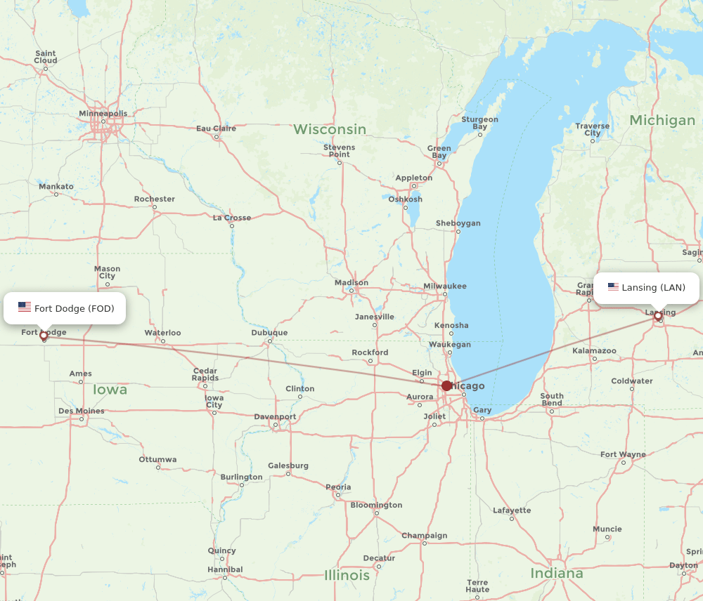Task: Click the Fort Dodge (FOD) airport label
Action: [x=74, y=308]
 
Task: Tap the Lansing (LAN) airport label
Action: [x=653, y=287]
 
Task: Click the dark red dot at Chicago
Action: [x=446, y=385]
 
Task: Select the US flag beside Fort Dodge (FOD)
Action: [x=25, y=308]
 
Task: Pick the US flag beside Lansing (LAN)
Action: [x=613, y=287]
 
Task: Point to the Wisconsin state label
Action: [x=330, y=129]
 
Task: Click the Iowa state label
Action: [x=110, y=390]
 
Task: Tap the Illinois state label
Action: [x=347, y=576]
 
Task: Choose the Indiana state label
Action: [x=557, y=574]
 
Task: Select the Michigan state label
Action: [x=662, y=120]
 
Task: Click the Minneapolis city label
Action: [x=103, y=113]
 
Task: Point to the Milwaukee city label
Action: [x=444, y=286]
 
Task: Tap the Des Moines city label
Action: [x=82, y=411]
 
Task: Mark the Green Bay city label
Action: [x=439, y=152]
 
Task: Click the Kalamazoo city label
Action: [x=594, y=350]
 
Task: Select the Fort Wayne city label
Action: [x=623, y=454]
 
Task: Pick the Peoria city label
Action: [x=338, y=487]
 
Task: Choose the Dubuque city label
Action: [x=269, y=333]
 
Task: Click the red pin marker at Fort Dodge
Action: [x=44, y=336]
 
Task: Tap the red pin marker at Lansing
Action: [x=658, y=317]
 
